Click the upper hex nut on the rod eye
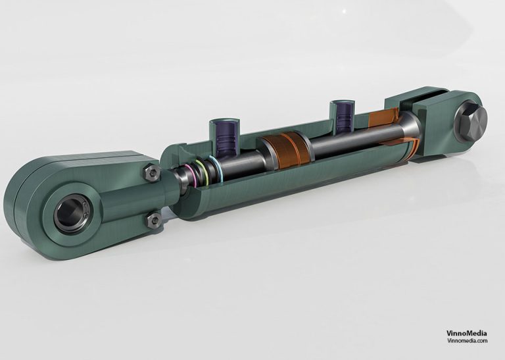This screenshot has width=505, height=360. click(x=151, y=173)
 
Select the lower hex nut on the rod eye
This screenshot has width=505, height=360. click(x=154, y=220)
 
